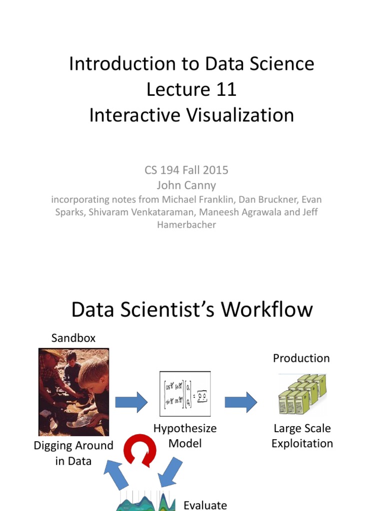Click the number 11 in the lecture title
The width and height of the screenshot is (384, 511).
tap(225, 90)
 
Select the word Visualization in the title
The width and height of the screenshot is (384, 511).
tap(240, 115)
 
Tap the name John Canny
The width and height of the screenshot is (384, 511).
tap(186, 185)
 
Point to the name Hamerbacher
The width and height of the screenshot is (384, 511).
tap(186, 225)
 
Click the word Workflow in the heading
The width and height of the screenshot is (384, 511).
tap(267, 310)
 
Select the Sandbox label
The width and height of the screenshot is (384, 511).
tap(73, 338)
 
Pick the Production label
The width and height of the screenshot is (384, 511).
tap(301, 358)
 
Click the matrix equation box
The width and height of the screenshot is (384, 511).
tap(184, 394)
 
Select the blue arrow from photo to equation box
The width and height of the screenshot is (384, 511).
tap(131, 401)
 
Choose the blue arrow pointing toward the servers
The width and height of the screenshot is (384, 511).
tap(240, 401)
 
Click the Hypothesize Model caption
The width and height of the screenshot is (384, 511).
tap(184, 436)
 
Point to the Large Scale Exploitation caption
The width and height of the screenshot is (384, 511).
tap(302, 436)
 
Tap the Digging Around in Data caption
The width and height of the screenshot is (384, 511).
tap(73, 453)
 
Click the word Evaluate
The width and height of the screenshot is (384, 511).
tap(205, 505)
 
